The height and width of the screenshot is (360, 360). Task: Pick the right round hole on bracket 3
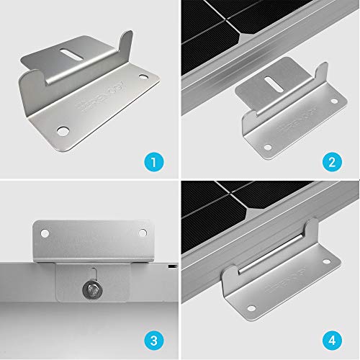(141, 233)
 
